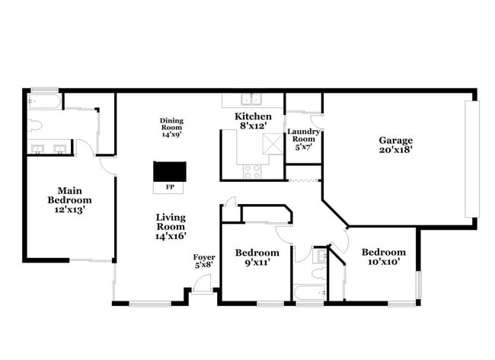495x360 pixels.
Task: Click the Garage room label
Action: (x=396, y=145)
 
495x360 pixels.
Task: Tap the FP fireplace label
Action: (x=170, y=187)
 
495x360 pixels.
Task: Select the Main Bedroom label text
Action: (x=69, y=200)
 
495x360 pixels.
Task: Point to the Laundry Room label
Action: (x=303, y=139)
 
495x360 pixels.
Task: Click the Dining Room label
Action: (x=171, y=127)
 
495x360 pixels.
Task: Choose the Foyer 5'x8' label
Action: (x=204, y=261)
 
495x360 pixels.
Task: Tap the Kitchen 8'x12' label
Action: (x=253, y=121)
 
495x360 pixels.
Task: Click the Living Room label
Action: (x=171, y=227)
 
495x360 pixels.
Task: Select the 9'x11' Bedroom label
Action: (x=257, y=257)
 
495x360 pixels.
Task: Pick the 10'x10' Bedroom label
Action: (x=384, y=256)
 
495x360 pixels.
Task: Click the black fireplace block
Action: (x=170, y=171)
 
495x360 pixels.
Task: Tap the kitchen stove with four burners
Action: (x=252, y=171)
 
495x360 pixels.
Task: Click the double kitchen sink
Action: (x=251, y=100)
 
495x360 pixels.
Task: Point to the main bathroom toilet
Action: (x=35, y=126)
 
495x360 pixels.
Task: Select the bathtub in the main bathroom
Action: (x=44, y=101)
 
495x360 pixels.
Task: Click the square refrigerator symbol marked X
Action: (x=273, y=144)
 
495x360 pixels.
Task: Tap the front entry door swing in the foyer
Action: (x=202, y=284)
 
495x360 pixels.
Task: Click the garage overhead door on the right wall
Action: (x=472, y=159)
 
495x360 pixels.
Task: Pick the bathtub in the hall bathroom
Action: (x=310, y=293)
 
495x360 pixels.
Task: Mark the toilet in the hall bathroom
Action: (x=320, y=272)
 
